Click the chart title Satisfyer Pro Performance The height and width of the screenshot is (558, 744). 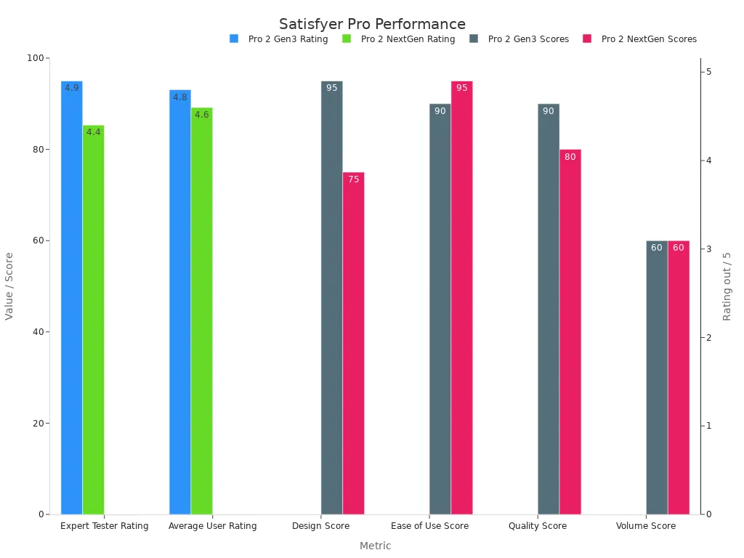point(372,24)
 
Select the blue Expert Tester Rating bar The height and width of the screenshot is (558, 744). point(71,298)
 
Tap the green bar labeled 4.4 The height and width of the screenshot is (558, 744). point(93,320)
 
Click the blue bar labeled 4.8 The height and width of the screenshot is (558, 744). point(179,302)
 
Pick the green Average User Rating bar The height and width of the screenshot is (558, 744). point(201,311)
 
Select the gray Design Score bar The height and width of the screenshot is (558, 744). point(331,298)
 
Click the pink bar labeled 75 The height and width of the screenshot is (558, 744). point(353,343)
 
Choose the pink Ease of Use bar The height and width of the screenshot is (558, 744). point(461,298)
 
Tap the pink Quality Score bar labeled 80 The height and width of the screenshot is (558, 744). point(570,332)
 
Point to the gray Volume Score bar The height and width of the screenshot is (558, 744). point(656,378)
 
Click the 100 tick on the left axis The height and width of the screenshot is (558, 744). point(36,58)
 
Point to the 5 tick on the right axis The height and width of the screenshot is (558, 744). point(708,72)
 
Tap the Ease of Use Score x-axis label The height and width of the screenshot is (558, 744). point(429,526)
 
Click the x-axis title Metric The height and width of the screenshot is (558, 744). point(375,546)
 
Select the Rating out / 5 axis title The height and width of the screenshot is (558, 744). point(727,286)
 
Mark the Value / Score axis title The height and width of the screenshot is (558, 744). point(9,286)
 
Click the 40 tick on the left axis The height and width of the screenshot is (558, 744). point(38,332)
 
